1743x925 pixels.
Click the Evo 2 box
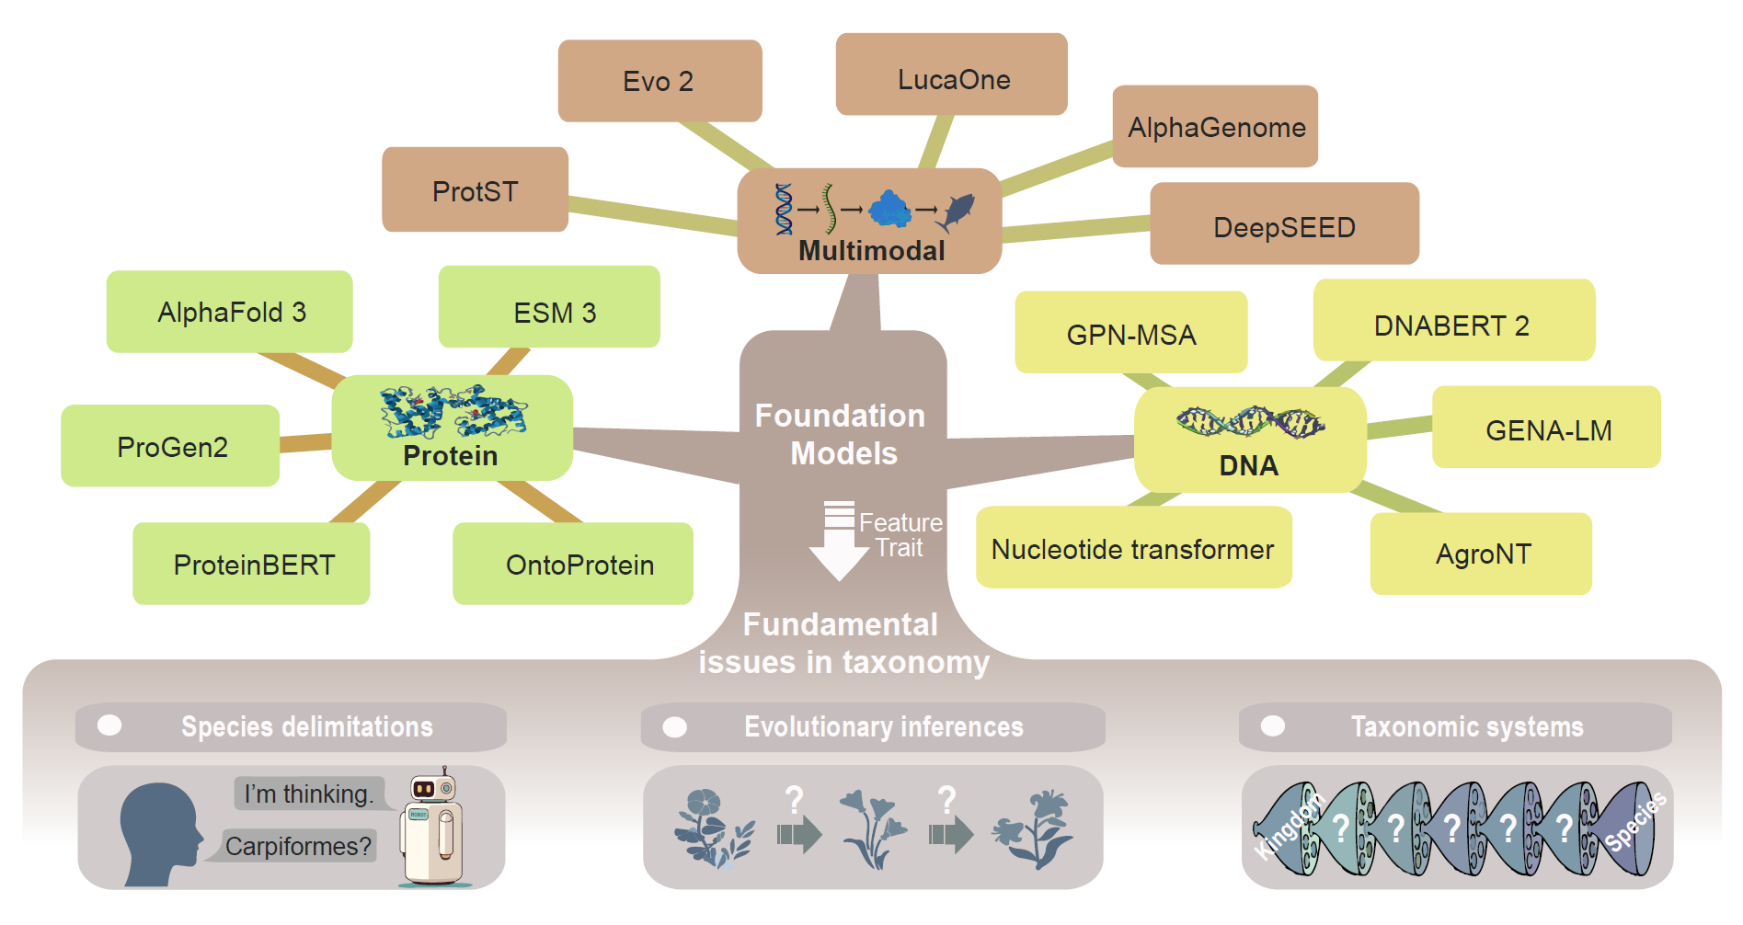point(659,81)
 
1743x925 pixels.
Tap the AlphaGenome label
point(1216,127)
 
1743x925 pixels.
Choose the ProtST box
point(475,189)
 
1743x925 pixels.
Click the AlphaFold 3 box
point(230,312)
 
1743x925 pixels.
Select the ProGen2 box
point(171,446)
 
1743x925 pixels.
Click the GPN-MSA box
point(1131,333)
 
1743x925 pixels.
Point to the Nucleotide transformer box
point(1133,548)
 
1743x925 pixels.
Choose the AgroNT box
point(1481,554)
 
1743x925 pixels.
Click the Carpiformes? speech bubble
point(297,846)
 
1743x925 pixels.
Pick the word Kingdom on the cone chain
point(1288,826)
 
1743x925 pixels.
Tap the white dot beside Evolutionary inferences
point(675,727)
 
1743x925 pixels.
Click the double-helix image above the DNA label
point(1250,422)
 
